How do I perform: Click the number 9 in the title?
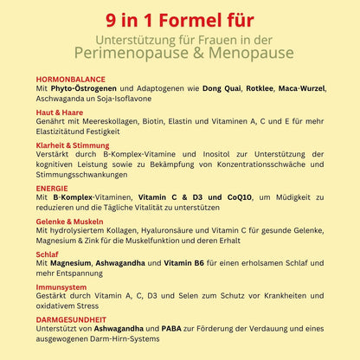[x=116, y=19]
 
